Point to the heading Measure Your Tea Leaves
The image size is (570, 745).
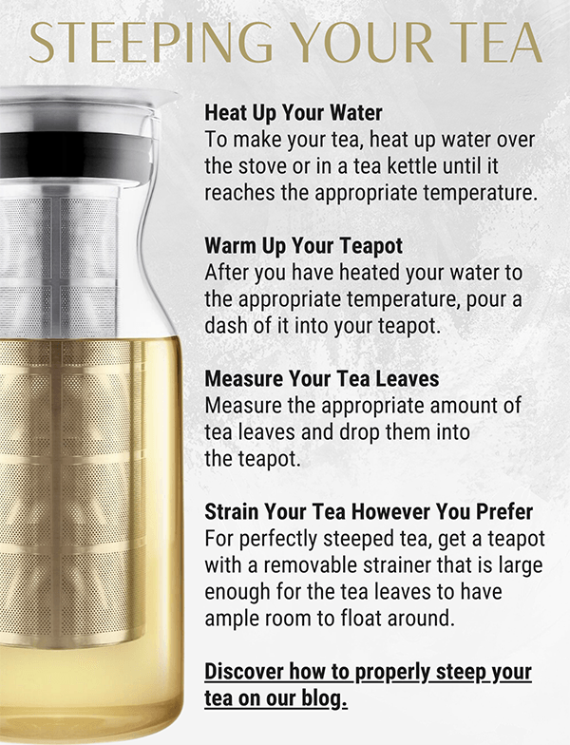322,378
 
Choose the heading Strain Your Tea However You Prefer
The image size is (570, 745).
369,512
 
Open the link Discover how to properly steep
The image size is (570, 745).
368,673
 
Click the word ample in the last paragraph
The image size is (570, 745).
232,618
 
